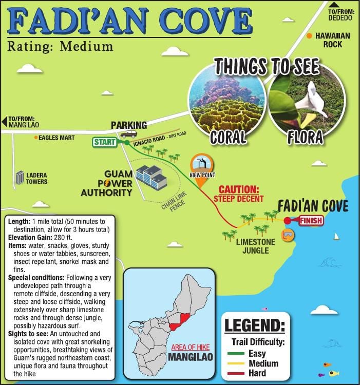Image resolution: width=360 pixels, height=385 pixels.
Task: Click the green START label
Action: (x=105, y=142)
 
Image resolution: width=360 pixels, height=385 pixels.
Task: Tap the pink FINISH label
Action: (x=311, y=221)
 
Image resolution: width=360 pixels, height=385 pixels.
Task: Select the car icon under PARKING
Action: (x=125, y=134)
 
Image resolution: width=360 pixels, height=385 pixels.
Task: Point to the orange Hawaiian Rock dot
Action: (x=309, y=36)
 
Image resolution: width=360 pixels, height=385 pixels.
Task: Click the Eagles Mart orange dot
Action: (x=35, y=138)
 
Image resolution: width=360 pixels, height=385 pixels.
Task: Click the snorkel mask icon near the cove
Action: (x=290, y=235)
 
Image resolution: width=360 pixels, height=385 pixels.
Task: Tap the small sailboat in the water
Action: (x=337, y=236)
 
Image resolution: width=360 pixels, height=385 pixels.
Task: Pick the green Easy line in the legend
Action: (x=235, y=354)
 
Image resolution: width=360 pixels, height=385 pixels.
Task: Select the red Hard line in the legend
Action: (x=235, y=373)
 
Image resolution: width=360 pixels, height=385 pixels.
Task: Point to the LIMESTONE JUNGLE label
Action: (x=256, y=246)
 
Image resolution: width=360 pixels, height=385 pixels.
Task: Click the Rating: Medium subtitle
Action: (x=60, y=46)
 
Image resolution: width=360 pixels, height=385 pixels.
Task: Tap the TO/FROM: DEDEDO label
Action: (x=340, y=14)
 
